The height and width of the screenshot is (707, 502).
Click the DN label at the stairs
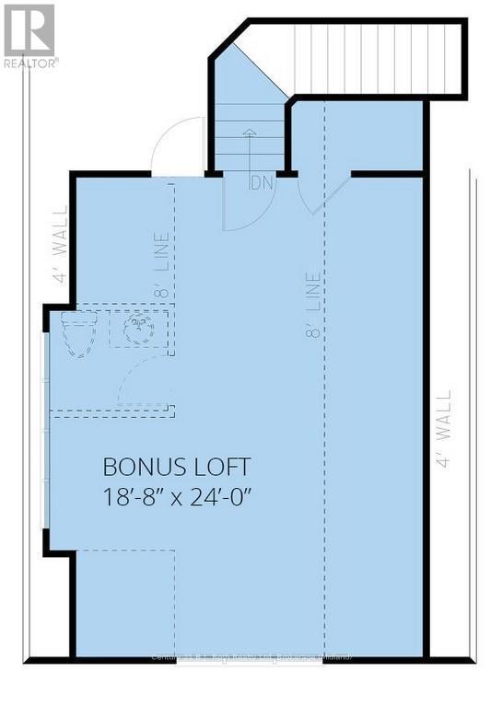coord(261,182)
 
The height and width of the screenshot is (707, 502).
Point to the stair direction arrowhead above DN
coord(248,133)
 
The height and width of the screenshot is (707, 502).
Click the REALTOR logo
coord(29,35)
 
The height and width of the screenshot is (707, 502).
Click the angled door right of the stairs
coord(330,194)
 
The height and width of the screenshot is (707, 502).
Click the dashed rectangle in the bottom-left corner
coord(125,603)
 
